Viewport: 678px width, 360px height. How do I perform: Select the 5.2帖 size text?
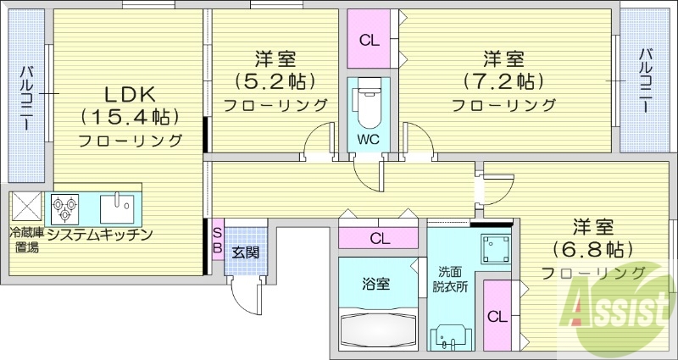click(x=275, y=82)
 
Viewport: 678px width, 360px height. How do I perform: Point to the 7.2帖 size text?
click(x=503, y=82)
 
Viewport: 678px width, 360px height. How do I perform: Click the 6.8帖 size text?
click(x=592, y=250)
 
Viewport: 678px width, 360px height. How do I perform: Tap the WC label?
click(x=367, y=136)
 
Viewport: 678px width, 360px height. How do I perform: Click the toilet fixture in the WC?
click(x=367, y=102)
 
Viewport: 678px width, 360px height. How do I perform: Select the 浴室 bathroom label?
click(x=378, y=284)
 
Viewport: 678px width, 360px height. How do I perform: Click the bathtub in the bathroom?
click(x=380, y=330)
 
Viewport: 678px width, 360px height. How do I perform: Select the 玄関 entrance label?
click(x=246, y=251)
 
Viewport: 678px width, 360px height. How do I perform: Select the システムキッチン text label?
click(x=99, y=234)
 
